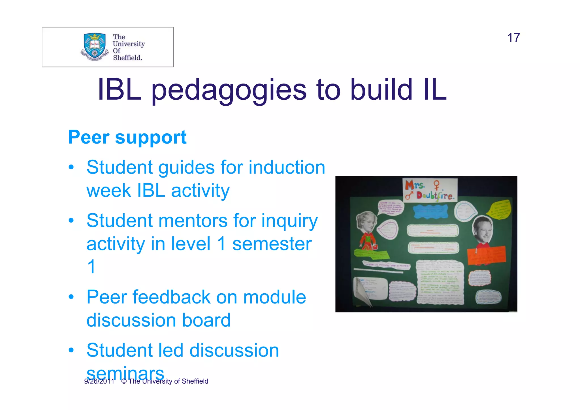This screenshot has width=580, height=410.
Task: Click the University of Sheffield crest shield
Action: tap(95, 45)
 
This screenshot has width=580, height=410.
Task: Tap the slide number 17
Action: tap(513, 38)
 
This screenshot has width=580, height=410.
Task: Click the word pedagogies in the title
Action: tap(229, 90)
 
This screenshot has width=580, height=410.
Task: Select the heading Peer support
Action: tap(127, 137)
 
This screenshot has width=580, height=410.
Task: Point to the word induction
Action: tap(287, 167)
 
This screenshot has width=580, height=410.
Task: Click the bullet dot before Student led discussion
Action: tap(71, 350)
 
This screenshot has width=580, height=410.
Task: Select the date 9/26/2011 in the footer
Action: tap(99, 381)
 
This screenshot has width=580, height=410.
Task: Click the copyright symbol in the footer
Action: tap(124, 381)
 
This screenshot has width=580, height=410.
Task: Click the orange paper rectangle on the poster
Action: tap(486, 255)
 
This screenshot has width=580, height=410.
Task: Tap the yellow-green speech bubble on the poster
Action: tap(499, 210)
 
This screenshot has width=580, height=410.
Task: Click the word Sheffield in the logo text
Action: tap(127, 58)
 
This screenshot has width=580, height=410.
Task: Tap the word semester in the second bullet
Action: tap(272, 244)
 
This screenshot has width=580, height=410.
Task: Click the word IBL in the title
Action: tap(119, 90)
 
